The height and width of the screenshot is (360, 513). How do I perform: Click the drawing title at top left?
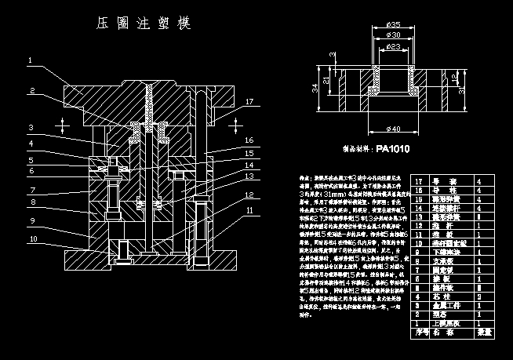tap(141, 25)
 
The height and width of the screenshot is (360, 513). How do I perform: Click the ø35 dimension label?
tap(394, 24)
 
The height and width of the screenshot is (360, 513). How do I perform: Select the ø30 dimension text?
tap(394, 35)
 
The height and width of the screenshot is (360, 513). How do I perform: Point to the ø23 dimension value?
tap(394, 46)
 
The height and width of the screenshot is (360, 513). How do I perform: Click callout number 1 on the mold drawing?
tap(30, 60)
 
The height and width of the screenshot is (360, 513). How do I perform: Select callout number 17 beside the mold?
tap(249, 102)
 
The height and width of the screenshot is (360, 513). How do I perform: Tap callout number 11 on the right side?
tap(249, 210)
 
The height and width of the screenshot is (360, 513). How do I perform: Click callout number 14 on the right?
tap(249, 165)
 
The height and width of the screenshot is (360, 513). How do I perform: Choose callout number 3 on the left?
tap(30, 127)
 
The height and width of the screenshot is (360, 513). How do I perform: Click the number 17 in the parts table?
tap(419, 181)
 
